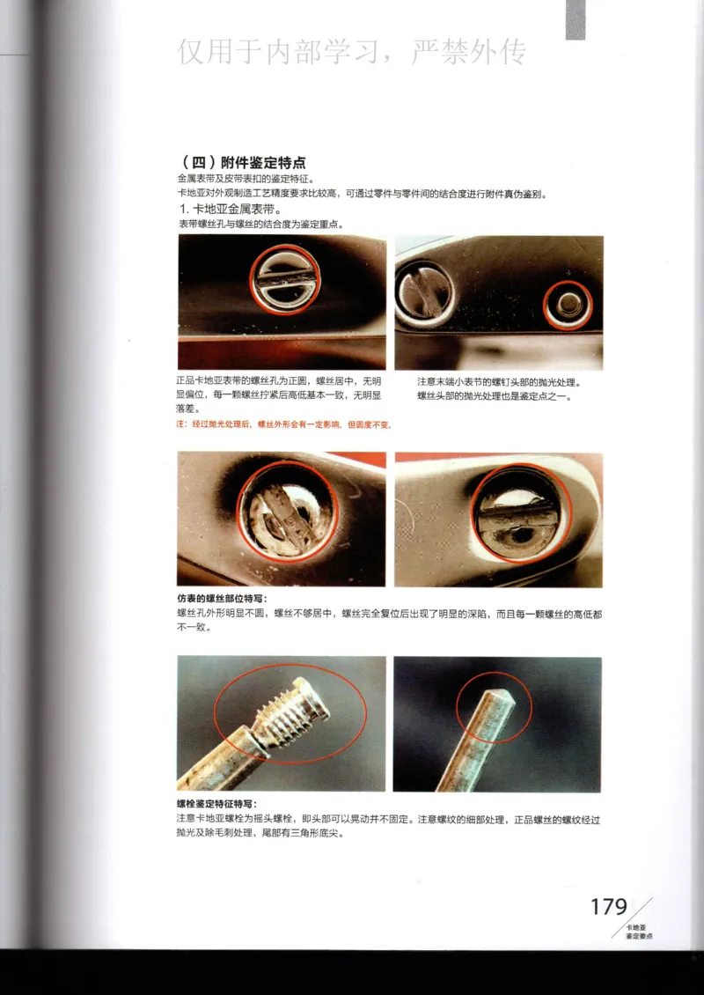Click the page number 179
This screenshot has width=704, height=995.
[x=608, y=907]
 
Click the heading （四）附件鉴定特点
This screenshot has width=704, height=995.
[x=244, y=163]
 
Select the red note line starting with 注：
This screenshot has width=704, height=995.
[x=283, y=424]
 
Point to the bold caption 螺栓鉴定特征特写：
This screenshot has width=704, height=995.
[x=216, y=804]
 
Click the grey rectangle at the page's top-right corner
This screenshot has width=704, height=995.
[x=576, y=19]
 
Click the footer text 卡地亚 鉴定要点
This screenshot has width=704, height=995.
[x=639, y=932]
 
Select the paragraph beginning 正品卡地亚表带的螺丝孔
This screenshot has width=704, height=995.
[x=279, y=395]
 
